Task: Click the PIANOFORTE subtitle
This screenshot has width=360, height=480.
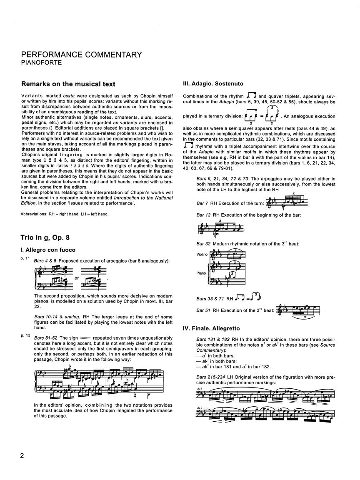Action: [x=42, y=63]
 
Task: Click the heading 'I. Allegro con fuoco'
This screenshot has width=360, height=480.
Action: [x=48, y=250]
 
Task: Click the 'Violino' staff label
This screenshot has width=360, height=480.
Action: [x=202, y=255]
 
